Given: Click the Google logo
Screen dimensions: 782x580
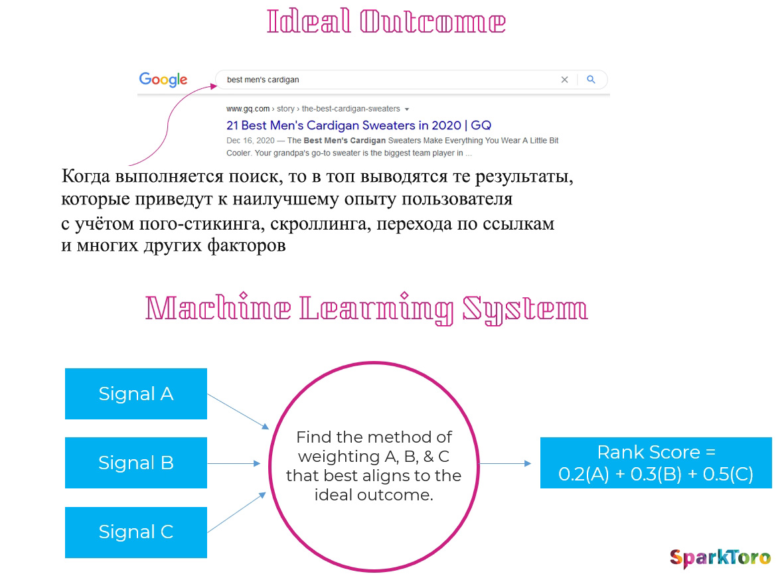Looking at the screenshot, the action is tap(163, 79).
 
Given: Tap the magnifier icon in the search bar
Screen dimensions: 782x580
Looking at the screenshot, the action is tap(591, 79).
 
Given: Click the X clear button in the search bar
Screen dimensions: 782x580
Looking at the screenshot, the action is tap(564, 80).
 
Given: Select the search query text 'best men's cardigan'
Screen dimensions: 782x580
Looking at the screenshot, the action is tap(263, 80).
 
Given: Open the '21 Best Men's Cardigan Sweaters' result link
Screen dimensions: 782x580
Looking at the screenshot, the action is tap(358, 125).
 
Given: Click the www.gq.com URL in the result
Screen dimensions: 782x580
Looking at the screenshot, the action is tap(248, 109).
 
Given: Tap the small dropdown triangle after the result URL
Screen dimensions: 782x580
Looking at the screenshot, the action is tap(407, 109).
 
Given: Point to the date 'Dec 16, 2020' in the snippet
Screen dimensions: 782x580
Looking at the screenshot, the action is tap(250, 141).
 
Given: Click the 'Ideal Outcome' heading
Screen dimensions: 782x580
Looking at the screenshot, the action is tap(386, 22).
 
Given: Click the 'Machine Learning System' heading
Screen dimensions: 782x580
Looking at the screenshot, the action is tap(366, 309).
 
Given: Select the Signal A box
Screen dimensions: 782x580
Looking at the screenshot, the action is tap(136, 394).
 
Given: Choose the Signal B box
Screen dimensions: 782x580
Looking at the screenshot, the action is tap(136, 463).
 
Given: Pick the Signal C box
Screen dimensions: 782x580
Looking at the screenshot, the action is tap(136, 532).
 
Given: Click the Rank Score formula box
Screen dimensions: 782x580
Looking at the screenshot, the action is tap(656, 463).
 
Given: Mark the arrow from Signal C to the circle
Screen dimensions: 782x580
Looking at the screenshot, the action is tap(237, 512).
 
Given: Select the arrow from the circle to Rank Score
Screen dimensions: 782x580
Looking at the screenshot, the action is tap(505, 463).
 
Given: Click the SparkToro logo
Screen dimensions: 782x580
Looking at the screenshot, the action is tap(721, 558).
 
